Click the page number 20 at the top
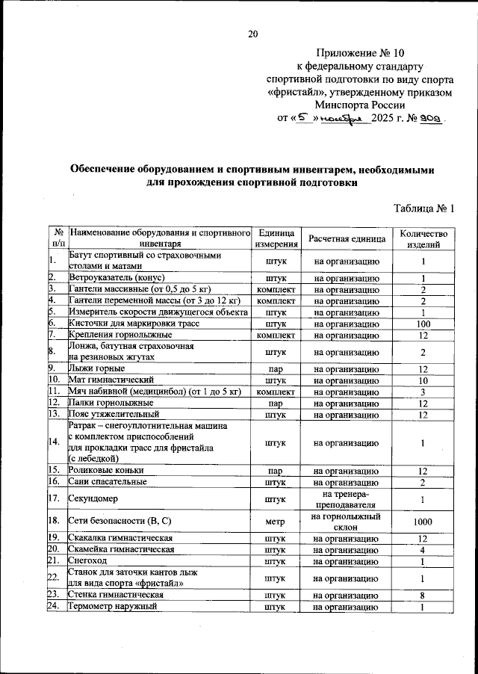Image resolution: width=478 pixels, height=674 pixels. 252,34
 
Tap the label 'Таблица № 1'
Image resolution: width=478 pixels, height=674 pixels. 423,208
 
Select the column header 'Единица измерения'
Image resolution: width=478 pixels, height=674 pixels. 276,238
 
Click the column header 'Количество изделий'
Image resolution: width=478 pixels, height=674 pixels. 423,238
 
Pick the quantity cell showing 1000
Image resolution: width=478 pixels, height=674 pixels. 423,522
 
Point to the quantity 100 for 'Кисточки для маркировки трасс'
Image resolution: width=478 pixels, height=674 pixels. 423,324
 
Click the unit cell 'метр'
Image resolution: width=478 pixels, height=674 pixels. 276,522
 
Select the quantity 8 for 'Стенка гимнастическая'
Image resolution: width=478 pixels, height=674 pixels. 423,596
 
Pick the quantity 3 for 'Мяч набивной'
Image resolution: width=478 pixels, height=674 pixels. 423,392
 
